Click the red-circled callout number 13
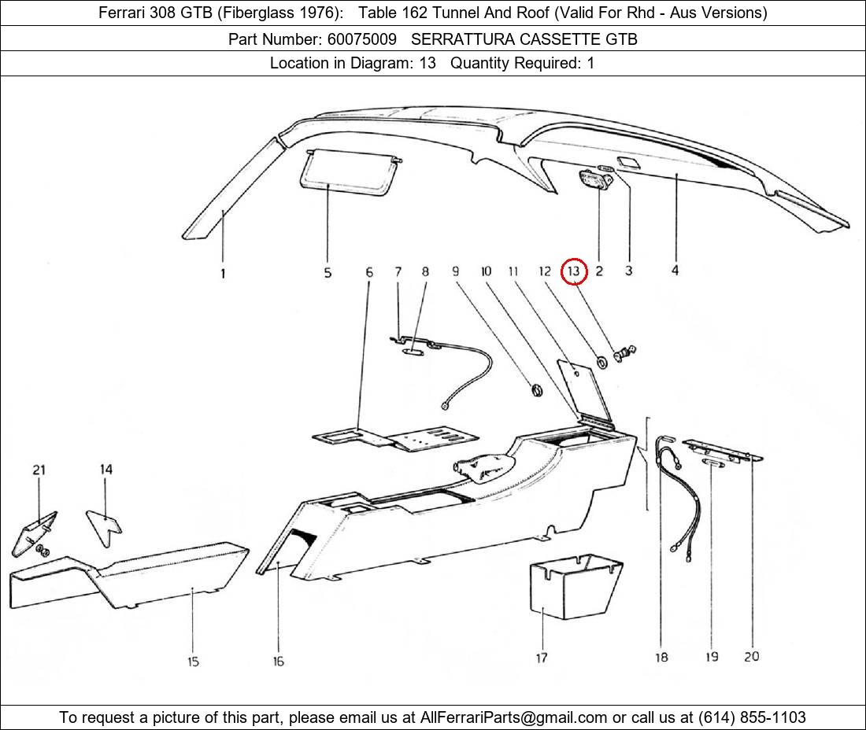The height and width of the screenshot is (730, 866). [x=575, y=271]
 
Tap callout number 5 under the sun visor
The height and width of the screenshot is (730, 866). [x=328, y=273]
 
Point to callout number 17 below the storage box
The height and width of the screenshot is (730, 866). [x=542, y=657]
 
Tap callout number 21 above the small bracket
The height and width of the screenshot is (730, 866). [x=39, y=470]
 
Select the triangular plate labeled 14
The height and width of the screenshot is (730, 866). [x=103, y=522]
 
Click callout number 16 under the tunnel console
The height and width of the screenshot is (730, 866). [x=279, y=661]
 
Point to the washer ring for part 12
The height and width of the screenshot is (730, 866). [x=602, y=361]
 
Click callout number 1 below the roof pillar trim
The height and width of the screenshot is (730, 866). [x=223, y=273]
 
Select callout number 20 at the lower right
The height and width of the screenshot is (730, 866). [x=751, y=655]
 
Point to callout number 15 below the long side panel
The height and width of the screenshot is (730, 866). [x=193, y=661]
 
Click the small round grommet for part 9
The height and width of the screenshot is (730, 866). [x=536, y=390]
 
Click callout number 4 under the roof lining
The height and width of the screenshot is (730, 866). [x=675, y=271]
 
